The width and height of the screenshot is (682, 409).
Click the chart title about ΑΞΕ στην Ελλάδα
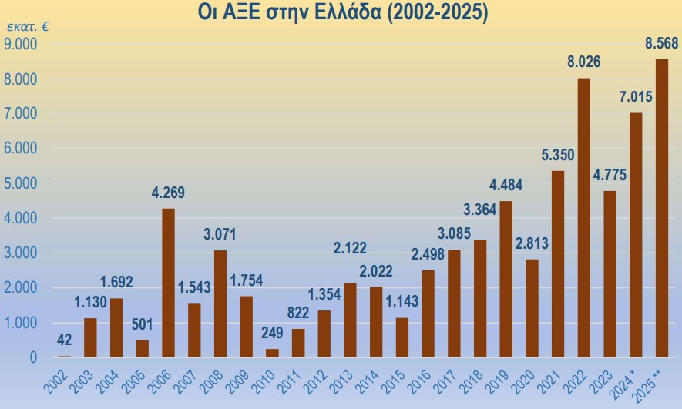(344, 13)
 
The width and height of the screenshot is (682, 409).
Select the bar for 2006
(168, 283)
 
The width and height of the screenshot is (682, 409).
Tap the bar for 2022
(583, 217)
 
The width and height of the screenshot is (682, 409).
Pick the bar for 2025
(661, 208)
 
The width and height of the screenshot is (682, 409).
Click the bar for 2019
(506, 279)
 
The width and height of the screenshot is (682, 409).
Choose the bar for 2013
(350, 320)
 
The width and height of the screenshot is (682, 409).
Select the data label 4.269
(168, 193)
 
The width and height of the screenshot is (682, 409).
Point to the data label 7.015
(636, 97)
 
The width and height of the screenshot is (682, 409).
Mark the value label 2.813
(532, 243)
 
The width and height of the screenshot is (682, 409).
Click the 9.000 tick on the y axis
(22, 45)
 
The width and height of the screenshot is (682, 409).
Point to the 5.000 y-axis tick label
(22, 184)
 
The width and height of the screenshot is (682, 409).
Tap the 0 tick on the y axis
(33, 358)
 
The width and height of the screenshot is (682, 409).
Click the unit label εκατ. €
(28, 27)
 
